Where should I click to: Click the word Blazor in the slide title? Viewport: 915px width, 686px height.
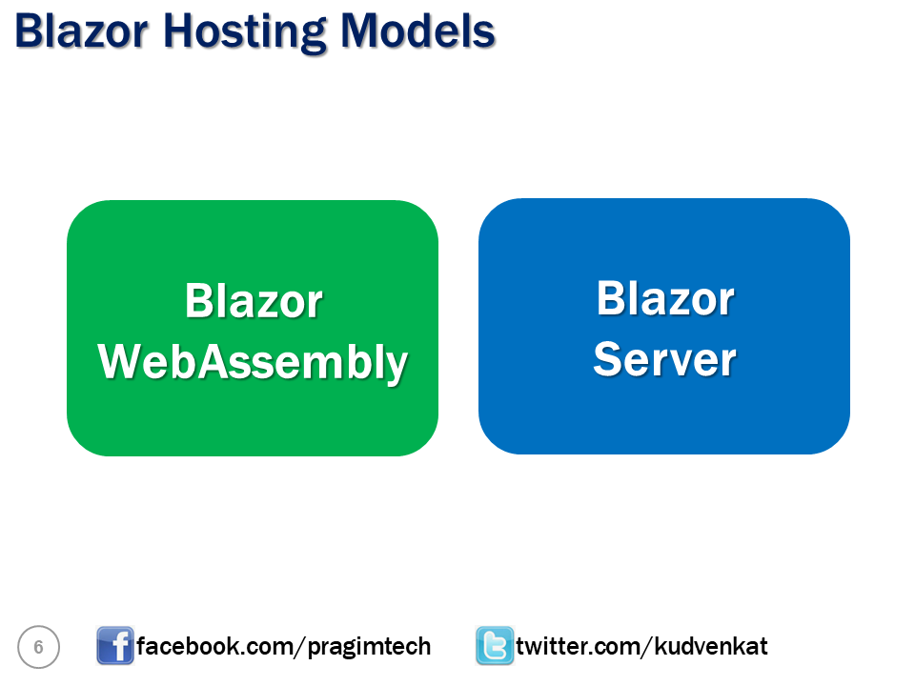tap(81, 30)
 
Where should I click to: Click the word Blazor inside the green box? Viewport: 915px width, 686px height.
tap(254, 301)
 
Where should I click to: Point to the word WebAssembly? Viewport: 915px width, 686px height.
tap(254, 363)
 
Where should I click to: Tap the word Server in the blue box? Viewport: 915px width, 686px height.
tap(664, 360)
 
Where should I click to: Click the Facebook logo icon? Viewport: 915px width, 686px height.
tap(114, 646)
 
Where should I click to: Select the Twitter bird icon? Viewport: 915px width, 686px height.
tap(495, 646)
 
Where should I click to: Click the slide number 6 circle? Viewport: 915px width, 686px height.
tap(38, 648)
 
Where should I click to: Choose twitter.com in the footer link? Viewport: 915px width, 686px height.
tap(581, 647)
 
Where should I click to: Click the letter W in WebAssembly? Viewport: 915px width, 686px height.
tap(122, 362)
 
